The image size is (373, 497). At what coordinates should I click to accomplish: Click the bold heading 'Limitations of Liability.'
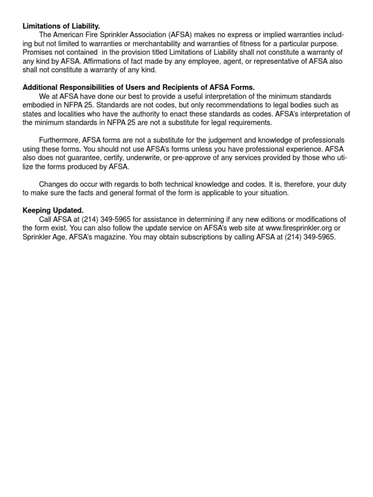[x=61, y=26]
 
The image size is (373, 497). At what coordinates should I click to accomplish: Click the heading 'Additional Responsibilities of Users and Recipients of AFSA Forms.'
[x=138, y=87]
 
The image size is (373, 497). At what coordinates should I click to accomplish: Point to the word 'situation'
[x=272, y=193]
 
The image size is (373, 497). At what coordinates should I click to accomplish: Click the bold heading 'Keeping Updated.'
[x=53, y=210]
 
